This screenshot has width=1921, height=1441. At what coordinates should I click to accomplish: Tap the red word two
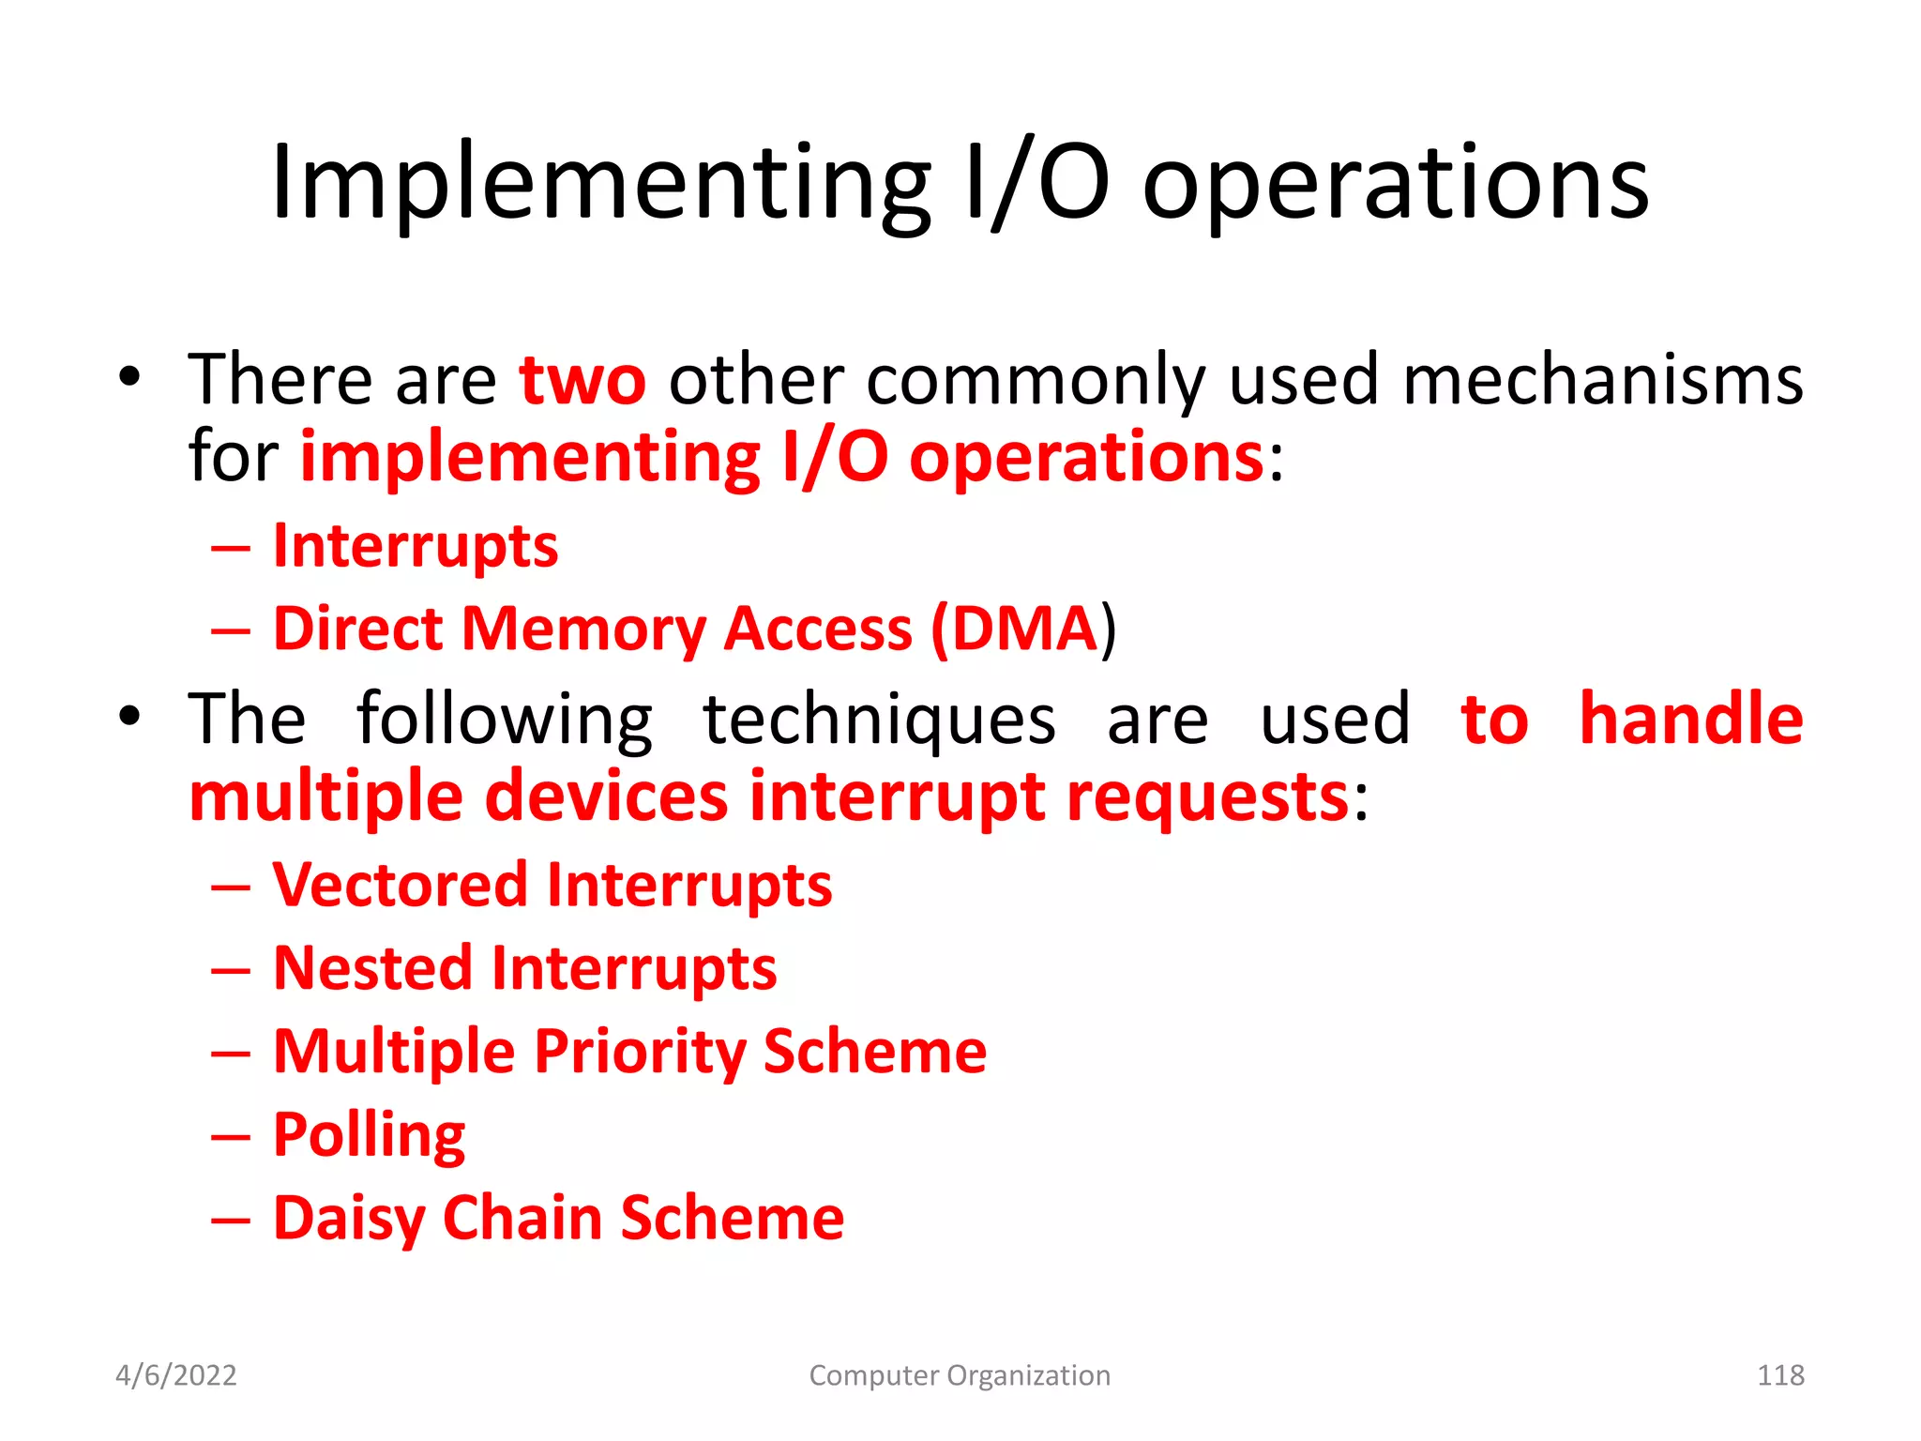point(582,380)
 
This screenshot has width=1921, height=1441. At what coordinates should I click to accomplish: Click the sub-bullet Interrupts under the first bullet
point(416,546)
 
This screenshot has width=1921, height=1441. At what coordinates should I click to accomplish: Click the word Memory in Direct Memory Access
point(583,629)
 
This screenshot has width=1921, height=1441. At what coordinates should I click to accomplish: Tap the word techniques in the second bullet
point(879,720)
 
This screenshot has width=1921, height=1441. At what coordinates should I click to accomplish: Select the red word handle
point(1690,720)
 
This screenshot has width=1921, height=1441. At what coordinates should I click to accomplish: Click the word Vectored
point(401,885)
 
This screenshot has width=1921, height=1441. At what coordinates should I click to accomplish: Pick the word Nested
point(372,968)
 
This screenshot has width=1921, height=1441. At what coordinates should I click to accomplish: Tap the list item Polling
point(369,1135)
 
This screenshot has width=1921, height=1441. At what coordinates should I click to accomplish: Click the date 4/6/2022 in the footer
point(175,1375)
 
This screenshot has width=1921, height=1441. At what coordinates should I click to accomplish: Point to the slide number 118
point(1779,1375)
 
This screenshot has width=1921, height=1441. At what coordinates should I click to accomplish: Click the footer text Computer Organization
point(960,1375)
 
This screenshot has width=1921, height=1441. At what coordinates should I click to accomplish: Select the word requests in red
point(1207,797)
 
